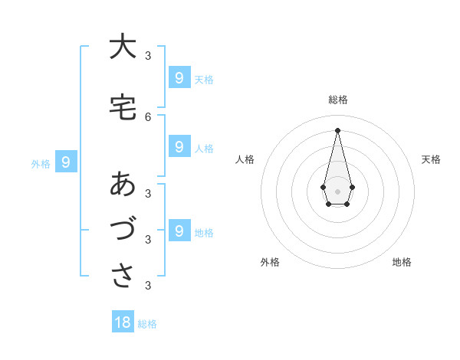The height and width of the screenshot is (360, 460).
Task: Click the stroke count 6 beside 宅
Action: click(x=148, y=116)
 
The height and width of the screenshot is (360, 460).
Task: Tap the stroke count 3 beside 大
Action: click(x=148, y=55)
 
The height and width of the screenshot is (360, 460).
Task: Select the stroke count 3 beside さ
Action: click(x=148, y=286)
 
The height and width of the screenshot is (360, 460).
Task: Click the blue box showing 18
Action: click(x=123, y=322)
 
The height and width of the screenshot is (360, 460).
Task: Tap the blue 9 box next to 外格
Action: click(x=66, y=162)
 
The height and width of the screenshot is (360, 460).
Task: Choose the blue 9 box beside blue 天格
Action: click(x=179, y=78)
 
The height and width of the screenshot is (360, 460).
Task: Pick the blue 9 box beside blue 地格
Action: click(x=179, y=231)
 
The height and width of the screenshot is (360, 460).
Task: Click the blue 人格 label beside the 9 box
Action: click(x=204, y=149)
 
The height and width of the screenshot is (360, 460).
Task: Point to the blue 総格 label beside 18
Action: click(x=147, y=324)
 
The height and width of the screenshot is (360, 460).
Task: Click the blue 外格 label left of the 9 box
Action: click(x=41, y=164)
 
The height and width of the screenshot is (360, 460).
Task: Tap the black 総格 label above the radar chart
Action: click(x=337, y=100)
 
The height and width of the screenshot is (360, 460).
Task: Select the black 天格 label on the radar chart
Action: click(x=431, y=159)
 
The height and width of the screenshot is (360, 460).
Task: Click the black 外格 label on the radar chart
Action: click(x=270, y=262)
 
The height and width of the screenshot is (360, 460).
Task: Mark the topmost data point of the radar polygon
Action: click(x=337, y=129)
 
